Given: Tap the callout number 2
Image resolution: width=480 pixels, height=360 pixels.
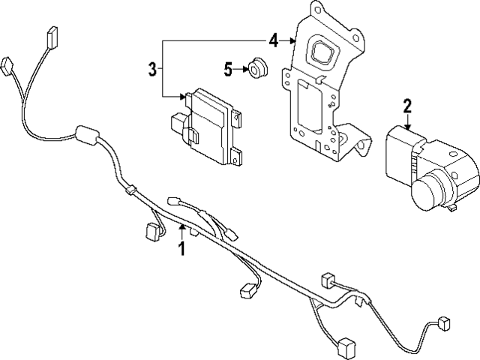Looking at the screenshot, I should coord(407,106).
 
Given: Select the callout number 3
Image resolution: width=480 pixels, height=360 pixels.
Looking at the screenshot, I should coord(152,70).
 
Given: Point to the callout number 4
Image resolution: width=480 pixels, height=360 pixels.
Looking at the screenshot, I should coord(274,40).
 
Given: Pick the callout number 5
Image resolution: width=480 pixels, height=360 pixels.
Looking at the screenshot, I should coord(229,69).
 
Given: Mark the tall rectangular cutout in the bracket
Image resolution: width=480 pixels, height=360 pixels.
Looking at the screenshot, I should coord(306,104).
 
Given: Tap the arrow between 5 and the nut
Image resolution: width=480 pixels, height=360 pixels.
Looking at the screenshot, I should coord(244,69).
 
